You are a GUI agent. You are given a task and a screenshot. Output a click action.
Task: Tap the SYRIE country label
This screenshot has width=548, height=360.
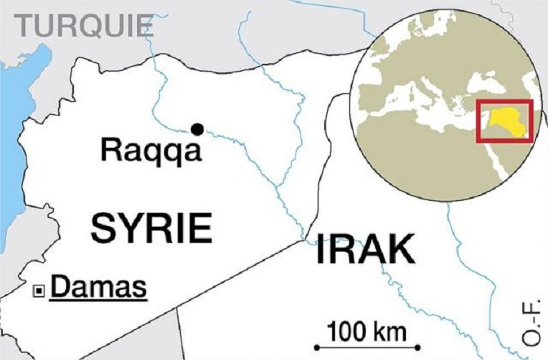(151, 227)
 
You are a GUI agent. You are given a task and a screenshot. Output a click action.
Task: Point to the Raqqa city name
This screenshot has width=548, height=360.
(151, 151)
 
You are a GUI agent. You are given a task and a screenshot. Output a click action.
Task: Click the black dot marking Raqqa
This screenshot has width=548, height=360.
(197, 129)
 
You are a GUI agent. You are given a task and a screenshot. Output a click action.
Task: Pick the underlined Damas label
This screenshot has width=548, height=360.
(100, 288)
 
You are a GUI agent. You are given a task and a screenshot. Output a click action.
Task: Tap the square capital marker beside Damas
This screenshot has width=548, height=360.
(40, 290)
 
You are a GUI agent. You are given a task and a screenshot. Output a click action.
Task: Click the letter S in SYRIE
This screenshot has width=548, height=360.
(104, 227)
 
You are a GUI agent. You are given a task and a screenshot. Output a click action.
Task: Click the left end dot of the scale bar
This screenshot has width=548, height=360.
(316, 348)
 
